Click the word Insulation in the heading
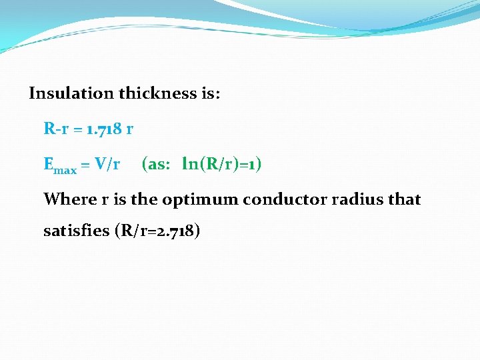click(71, 93)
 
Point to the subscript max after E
click(65, 170)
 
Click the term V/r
click(107, 164)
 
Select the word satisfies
click(76, 231)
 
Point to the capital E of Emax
click(49, 164)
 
